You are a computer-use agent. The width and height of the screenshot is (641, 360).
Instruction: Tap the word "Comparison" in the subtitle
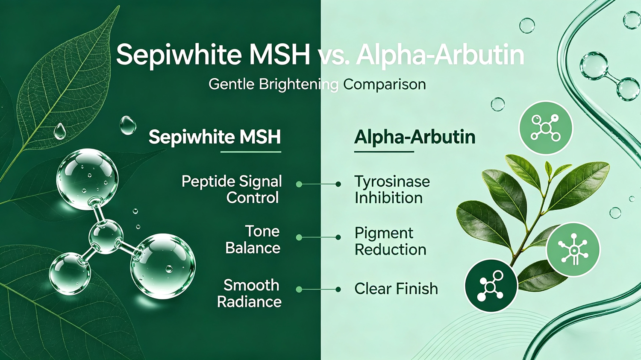[x=384, y=85]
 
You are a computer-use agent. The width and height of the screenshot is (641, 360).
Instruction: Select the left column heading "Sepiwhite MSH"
[x=215, y=137]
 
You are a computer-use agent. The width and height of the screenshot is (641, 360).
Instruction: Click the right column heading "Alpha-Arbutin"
[x=415, y=137]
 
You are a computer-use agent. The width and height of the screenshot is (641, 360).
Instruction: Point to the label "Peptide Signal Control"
[x=232, y=190]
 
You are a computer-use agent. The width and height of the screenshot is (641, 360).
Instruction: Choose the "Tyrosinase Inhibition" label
[x=392, y=190]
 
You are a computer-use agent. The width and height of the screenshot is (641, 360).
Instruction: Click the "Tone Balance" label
[x=253, y=240]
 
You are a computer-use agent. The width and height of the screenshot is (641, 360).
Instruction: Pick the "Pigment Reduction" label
[x=390, y=241]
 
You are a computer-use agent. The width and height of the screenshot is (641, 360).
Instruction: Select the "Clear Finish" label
[x=396, y=289]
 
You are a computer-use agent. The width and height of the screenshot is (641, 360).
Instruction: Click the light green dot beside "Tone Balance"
[x=299, y=237]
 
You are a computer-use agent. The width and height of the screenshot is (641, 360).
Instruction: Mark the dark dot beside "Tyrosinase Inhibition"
[x=338, y=184]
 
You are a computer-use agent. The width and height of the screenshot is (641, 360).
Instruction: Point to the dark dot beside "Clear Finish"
[x=338, y=290]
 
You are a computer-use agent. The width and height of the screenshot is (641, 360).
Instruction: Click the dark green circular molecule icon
[x=491, y=286]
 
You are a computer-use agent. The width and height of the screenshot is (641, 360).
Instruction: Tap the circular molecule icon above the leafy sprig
[x=546, y=128]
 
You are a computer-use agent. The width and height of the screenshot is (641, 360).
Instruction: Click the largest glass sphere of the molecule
[x=163, y=266]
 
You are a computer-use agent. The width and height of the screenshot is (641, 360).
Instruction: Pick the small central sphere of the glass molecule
[x=106, y=237]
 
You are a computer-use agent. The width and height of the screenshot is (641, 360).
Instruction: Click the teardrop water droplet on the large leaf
[x=60, y=131]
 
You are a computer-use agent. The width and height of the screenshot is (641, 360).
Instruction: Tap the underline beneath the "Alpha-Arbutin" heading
[x=384, y=152]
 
